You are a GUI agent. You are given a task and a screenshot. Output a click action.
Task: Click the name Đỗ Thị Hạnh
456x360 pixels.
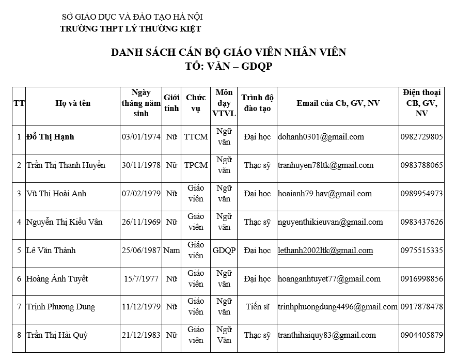pos(50,137)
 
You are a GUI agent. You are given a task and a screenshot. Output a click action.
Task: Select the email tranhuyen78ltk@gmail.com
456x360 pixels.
pos(325,165)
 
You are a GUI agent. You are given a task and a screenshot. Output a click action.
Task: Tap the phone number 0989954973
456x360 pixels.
pos(421,194)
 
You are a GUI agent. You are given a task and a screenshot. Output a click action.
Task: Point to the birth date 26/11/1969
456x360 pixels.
pos(141,222)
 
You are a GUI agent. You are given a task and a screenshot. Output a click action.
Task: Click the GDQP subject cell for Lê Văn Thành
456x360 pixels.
pos(224,251)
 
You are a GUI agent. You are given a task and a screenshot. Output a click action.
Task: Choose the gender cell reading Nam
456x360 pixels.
pos(171,251)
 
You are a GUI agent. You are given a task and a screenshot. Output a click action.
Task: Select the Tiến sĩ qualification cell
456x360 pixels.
pos(258,307)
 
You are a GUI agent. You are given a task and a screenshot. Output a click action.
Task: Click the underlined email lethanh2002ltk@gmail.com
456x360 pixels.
pos(325,251)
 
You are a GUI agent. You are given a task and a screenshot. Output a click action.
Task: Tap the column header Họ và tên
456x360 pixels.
pos(73,103)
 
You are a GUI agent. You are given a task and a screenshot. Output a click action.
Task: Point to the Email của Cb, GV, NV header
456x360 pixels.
pos(338,103)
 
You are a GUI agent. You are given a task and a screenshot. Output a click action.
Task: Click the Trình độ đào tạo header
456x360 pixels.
pos(258,103)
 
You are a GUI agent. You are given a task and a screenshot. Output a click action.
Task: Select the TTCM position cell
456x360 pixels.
pos(196,137)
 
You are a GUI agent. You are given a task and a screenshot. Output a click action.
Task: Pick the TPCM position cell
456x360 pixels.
pos(196,165)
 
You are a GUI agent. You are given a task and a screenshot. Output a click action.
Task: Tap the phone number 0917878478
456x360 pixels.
pos(421,307)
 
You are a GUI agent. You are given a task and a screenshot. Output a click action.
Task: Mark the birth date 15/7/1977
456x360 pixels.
pos(141,279)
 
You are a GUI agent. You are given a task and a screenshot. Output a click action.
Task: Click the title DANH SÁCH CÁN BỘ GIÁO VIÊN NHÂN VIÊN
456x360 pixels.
pos(229,52)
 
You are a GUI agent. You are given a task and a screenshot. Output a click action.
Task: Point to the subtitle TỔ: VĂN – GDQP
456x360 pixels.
pos(228,66)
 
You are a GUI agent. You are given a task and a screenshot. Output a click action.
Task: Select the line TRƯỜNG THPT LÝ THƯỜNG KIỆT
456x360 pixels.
pos(131,29)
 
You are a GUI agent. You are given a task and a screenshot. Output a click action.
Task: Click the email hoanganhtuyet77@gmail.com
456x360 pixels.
pos(329,279)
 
